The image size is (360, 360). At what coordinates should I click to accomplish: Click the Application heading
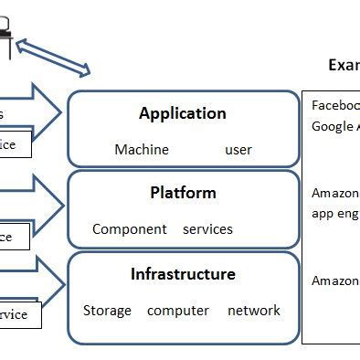(x=183, y=114)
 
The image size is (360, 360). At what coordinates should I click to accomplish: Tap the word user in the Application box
(x=238, y=149)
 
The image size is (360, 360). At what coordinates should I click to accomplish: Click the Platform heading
(x=183, y=193)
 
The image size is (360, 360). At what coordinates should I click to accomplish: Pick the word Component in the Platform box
(x=130, y=229)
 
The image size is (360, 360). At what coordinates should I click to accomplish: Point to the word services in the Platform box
(x=207, y=229)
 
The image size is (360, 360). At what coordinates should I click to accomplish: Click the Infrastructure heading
(x=183, y=274)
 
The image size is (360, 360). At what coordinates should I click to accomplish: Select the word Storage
(x=107, y=311)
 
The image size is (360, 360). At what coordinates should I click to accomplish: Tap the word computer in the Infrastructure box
(x=178, y=311)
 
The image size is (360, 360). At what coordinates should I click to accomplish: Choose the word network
(x=253, y=311)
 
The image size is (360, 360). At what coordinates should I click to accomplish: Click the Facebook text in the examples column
(x=335, y=105)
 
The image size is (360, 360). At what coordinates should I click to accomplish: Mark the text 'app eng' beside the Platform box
(x=335, y=213)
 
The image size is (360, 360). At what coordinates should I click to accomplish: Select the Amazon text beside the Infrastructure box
(x=335, y=281)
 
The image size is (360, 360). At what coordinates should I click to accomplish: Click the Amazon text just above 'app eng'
(x=335, y=194)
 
